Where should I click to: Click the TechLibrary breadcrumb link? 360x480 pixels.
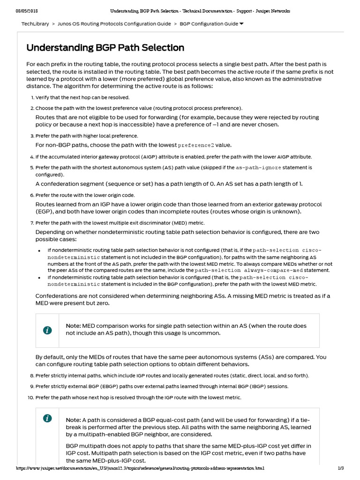(x=35, y=23)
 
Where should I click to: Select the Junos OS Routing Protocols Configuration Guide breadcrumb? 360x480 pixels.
(x=114, y=23)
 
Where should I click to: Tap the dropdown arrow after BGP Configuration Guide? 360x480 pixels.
(x=241, y=23)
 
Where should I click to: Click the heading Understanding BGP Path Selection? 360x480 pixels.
(x=105, y=48)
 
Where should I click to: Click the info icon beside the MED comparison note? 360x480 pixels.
(x=47, y=330)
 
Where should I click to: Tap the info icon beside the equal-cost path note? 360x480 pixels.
(x=47, y=419)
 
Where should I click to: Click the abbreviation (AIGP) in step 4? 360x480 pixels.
(x=141, y=157)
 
